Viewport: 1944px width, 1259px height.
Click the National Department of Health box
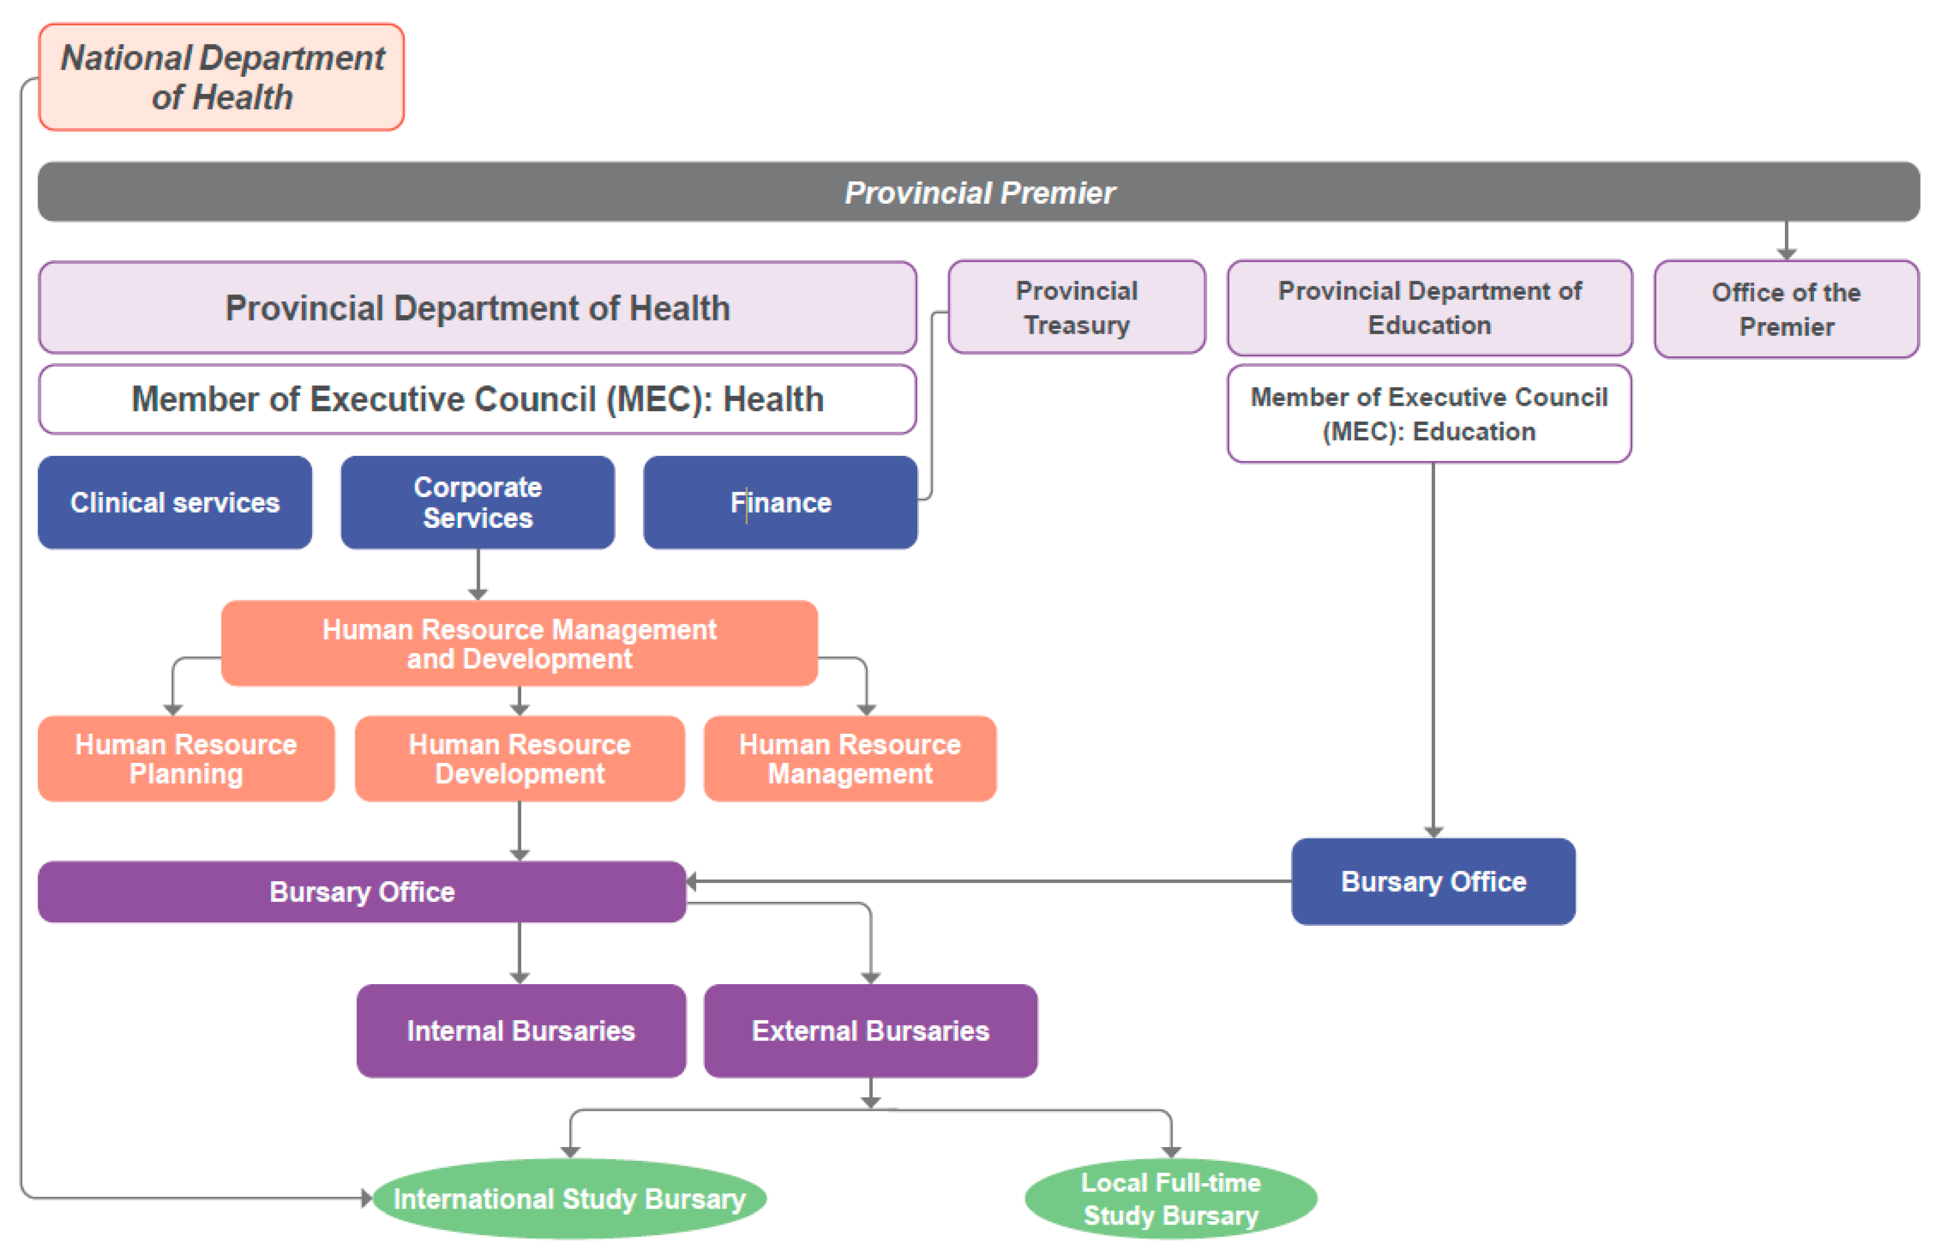pyautogui.click(x=221, y=77)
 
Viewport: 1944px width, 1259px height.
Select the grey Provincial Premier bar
pyautogui.click(x=978, y=192)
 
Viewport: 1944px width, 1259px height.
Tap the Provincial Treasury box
pyautogui.click(x=1076, y=307)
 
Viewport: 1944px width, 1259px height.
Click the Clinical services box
pyautogui.click(x=175, y=502)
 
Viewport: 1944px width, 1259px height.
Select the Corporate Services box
pyautogui.click(x=477, y=502)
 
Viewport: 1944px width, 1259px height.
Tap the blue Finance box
pyautogui.click(x=780, y=502)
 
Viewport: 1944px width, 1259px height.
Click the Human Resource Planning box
pyautogui.click(x=186, y=758)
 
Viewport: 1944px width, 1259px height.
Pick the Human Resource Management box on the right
pyautogui.click(x=850, y=758)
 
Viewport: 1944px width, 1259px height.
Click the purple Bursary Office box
pyautogui.click(x=361, y=891)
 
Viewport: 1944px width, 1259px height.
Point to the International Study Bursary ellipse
pyautogui.click(x=570, y=1199)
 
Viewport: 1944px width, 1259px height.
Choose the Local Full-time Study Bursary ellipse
pyautogui.click(x=1170, y=1199)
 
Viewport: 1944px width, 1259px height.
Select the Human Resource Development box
pyautogui.click(x=520, y=758)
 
